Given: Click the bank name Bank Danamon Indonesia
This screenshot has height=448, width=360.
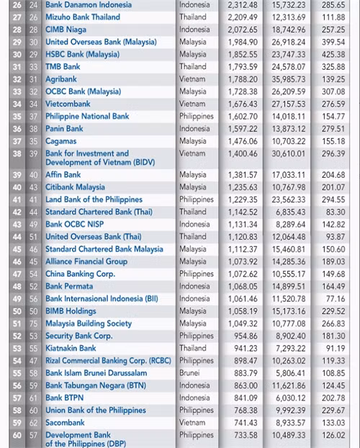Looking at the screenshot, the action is [x=88, y=4].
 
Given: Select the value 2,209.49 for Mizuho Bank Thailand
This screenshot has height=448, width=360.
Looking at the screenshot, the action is [x=242, y=17].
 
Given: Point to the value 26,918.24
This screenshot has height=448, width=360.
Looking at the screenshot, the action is [x=289, y=42].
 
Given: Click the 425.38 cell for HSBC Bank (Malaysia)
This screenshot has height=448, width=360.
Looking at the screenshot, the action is [x=333, y=54].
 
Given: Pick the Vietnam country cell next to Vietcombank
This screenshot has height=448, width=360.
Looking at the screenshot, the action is [x=192, y=104].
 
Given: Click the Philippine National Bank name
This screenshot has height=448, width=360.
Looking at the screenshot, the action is [x=87, y=116].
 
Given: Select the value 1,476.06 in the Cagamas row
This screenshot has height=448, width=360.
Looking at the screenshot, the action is [x=242, y=141].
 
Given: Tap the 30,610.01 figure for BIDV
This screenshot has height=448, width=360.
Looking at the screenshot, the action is [x=289, y=153].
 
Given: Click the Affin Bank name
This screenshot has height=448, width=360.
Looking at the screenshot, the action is [x=63, y=174].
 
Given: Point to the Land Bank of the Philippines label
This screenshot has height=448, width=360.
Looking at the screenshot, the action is [x=94, y=200].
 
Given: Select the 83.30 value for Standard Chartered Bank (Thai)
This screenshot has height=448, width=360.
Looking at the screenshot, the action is [x=334, y=212].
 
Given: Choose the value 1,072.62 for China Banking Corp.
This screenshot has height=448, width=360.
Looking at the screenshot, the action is [x=242, y=274].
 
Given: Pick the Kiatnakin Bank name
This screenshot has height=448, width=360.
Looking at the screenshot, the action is [x=71, y=348].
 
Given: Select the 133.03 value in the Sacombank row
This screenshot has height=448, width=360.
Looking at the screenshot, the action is [x=333, y=423].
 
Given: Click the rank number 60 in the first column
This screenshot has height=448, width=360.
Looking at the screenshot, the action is [x=17, y=435].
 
